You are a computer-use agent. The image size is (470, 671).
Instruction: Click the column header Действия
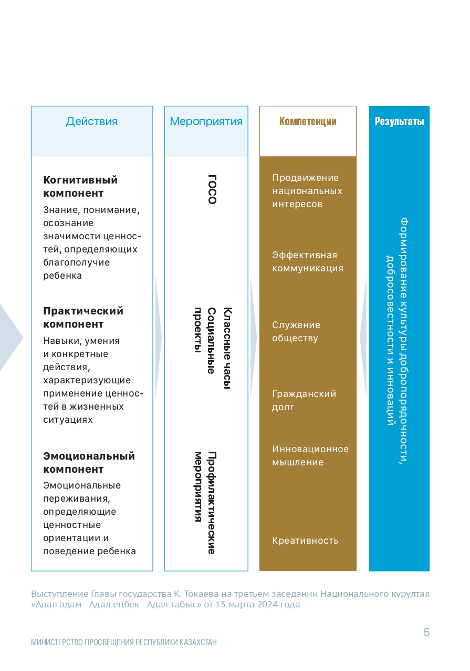pos(92,121)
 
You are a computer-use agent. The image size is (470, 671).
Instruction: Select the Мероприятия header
pos(206,121)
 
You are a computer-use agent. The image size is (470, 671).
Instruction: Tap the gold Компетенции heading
pos(308,121)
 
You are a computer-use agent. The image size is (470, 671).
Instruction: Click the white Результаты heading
pos(399,121)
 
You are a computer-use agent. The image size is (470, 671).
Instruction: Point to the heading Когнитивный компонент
pos(80,187)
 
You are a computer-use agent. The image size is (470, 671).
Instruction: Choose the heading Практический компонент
pos(83,317)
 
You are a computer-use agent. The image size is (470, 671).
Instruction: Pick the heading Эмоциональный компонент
pos(89,462)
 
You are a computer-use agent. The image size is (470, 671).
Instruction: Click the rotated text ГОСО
pos(212,189)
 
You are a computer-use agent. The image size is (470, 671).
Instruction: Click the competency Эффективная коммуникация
pos(308,262)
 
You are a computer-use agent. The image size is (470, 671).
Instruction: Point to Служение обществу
pos(296,332)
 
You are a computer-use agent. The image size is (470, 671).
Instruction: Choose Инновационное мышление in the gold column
pos(310,455)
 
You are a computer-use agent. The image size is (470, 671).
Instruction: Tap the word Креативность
pos(305,541)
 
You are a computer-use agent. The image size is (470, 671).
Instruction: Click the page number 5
pos(426,633)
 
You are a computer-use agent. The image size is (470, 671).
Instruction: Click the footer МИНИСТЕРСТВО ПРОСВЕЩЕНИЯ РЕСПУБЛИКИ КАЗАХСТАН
pos(124,643)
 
